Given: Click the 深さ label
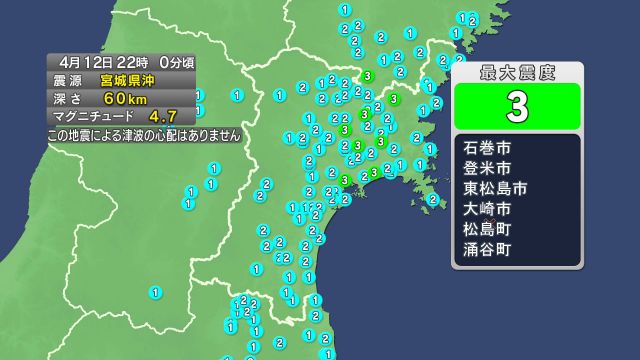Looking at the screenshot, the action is tap(70, 98).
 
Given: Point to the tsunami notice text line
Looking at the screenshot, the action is tap(144, 134).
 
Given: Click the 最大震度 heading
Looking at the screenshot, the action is tap(517, 72).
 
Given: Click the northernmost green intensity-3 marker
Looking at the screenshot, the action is tap(369, 76).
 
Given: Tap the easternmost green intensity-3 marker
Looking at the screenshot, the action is tap(394, 99).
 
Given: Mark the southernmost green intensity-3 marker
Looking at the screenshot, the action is tap(345, 180).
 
